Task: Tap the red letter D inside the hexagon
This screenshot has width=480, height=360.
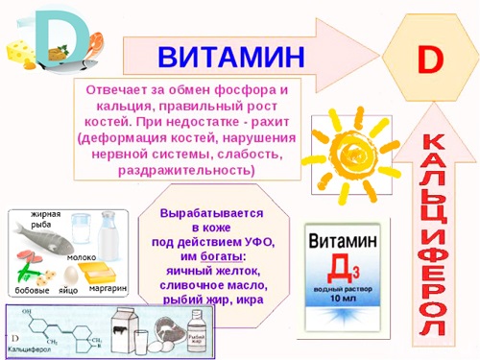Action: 428,58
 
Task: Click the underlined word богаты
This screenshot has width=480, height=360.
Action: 222,256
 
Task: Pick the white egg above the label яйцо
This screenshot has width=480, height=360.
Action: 69,274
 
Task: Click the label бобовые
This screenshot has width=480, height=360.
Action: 32,290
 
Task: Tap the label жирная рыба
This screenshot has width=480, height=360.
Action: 45,217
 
